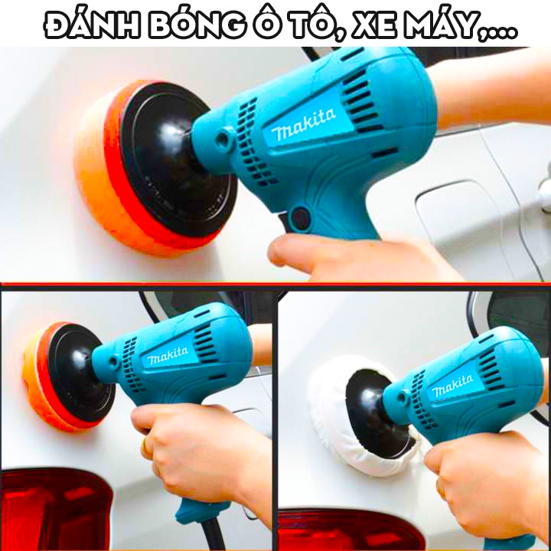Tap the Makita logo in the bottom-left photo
pyautogui.click(x=168, y=356)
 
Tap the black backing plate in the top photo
pyautogui.click(x=165, y=165)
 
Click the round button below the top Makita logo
pyautogui.click(x=300, y=216)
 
